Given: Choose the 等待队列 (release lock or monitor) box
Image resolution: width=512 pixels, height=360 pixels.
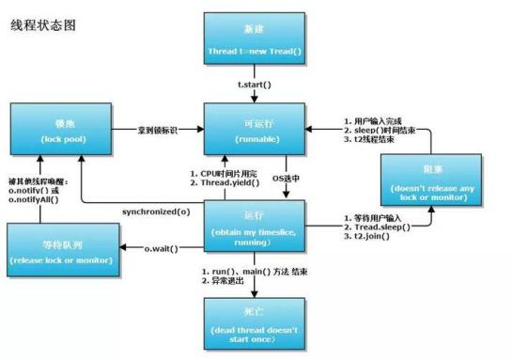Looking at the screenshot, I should coord(62,248).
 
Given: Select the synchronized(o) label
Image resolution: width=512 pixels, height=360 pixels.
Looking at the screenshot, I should coord(156,211).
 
